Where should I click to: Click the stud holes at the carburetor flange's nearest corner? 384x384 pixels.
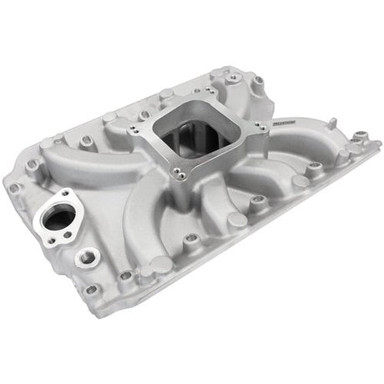click(x=178, y=174)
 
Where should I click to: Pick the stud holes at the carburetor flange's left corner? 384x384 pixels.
click(x=134, y=129)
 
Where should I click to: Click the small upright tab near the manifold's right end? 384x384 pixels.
click(x=359, y=135)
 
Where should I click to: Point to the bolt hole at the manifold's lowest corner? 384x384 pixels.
click(x=92, y=291)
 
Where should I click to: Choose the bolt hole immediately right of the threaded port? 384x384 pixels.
click(x=126, y=275)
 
